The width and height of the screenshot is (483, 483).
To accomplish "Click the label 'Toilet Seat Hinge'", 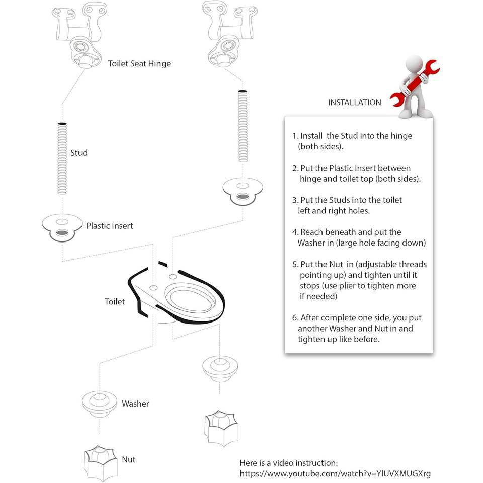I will pyautogui.click(x=139, y=64).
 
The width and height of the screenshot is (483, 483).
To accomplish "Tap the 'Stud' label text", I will pyautogui.click(x=79, y=153).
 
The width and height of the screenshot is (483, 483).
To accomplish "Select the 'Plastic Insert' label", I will pyautogui.click(x=110, y=226).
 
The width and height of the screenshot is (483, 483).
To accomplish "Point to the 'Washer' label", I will pyautogui.click(x=135, y=404).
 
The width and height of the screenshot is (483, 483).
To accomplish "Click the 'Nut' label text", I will pyautogui.click(x=128, y=459).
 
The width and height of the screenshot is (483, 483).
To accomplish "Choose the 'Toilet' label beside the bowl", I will pyautogui.click(x=115, y=302).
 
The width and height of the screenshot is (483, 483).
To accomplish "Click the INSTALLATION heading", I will pyautogui.click(x=355, y=103).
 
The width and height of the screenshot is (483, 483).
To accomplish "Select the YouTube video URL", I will pyautogui.click(x=335, y=474).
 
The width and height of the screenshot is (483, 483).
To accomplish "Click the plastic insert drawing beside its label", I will pyautogui.click(x=61, y=227).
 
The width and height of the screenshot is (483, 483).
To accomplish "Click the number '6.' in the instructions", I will pyautogui.click(x=295, y=318).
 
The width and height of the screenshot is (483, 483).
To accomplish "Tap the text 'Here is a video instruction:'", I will pyautogui.click(x=289, y=463).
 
